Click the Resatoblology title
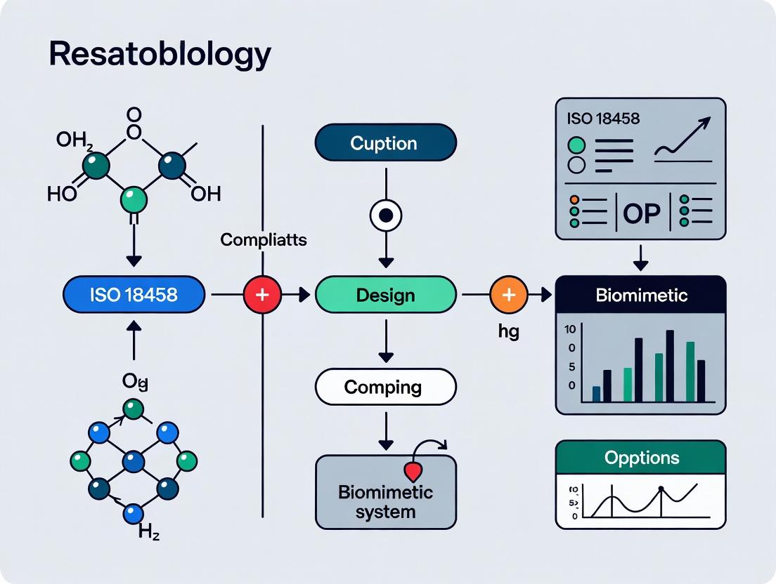[160, 55]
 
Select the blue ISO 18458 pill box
[134, 295]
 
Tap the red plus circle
[261, 295]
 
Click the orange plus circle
[508, 295]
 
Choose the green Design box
[385, 295]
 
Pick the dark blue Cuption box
[385, 143]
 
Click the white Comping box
[385, 387]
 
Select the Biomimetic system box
[385, 491]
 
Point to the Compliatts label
[263, 240]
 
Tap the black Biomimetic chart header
[640, 295]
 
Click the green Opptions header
[640, 458]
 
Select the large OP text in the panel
[641, 213]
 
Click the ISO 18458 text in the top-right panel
[602, 118]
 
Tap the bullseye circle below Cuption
[385, 215]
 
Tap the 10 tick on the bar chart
[570, 329]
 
